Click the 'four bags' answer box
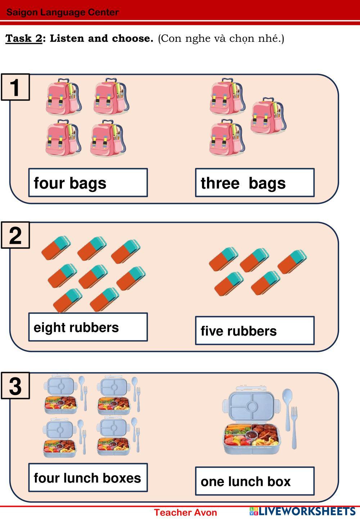tap(88, 183)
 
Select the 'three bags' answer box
tap(255, 183)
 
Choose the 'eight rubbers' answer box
tap(88, 327)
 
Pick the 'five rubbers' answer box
tap(255, 331)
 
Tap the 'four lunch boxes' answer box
tap(88, 478)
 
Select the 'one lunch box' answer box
tap(255, 481)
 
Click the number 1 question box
tap(15, 87)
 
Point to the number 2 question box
tap(15, 235)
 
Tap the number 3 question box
tap(15, 386)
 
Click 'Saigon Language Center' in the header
tap(63, 12)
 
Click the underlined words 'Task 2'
tap(24, 38)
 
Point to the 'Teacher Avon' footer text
tap(185, 512)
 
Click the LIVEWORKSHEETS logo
tap(302, 511)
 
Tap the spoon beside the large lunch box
tap(287, 407)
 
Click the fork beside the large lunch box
tap(294, 427)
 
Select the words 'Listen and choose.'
tap(102, 38)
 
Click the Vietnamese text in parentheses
tap(221, 38)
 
